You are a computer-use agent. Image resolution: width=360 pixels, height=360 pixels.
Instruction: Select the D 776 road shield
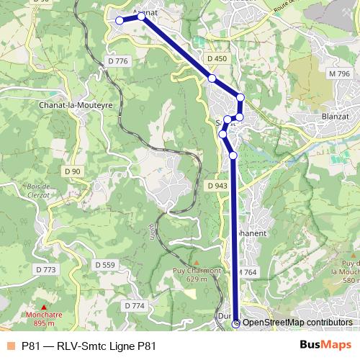116,61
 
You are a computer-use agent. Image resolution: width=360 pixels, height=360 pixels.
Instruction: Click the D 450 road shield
217,58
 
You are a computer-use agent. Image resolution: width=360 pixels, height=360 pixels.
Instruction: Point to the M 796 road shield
338,73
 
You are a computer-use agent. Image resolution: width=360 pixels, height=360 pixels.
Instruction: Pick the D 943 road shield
217,186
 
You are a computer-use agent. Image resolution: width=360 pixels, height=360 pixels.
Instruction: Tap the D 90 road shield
72,171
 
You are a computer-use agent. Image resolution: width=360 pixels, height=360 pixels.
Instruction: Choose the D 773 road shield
45,269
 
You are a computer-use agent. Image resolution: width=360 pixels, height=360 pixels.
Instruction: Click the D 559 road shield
104,265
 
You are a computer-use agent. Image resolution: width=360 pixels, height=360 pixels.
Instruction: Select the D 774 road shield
134,305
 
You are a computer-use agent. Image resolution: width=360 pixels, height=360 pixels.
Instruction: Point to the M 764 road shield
247,272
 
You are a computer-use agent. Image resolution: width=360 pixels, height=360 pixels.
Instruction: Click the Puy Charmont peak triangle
195,262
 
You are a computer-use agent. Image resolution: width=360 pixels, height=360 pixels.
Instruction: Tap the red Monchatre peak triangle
43,307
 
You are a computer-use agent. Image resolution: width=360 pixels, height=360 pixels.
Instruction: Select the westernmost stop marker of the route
120,20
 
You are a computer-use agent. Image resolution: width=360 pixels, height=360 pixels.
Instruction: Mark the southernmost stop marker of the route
236,323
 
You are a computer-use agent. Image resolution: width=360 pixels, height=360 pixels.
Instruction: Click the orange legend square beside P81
9,345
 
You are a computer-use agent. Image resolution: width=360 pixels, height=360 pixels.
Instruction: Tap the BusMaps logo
325,345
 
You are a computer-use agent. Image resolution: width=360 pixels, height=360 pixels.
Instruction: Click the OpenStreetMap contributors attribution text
297,323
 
